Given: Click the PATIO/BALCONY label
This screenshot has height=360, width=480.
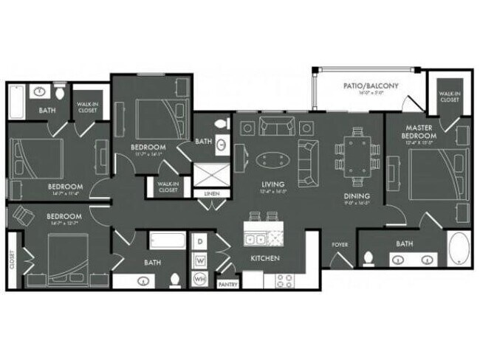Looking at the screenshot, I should coord(371,86).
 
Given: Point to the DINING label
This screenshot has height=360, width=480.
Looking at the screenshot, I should coord(351,196).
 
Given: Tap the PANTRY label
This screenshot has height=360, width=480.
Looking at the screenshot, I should coord(227,282).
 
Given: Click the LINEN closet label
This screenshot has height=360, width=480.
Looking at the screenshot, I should coord(210,193).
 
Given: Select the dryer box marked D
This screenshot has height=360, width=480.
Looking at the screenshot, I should coord(199,242).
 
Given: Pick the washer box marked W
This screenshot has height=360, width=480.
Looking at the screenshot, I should coord(199,260).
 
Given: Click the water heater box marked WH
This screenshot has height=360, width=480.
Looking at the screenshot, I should coord(199,280).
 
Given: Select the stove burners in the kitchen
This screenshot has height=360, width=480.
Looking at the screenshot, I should coord(284,280).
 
